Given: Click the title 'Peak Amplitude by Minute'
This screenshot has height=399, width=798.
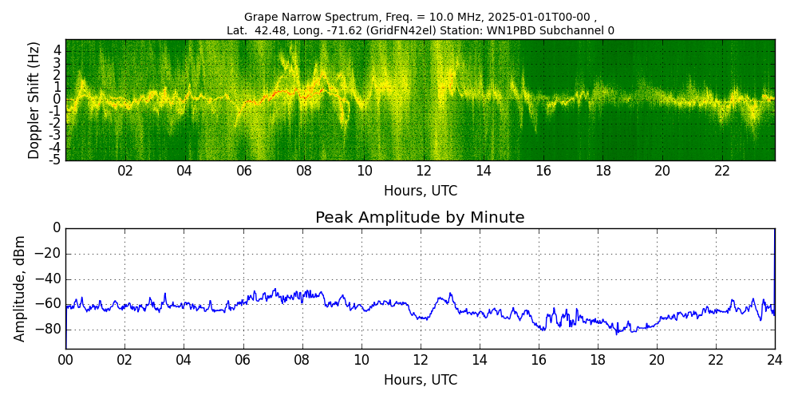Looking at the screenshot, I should point(420,218).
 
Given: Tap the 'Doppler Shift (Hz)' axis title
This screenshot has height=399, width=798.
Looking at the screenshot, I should point(34,100).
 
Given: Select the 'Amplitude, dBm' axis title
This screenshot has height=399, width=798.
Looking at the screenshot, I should point(21,288).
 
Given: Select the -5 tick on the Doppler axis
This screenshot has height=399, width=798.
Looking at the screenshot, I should point(57,160).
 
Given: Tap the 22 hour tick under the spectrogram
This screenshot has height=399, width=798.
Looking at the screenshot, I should point(722,171).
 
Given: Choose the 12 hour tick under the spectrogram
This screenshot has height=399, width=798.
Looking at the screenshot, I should point(424,171).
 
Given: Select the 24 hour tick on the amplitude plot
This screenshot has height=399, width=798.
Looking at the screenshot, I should point(775,359).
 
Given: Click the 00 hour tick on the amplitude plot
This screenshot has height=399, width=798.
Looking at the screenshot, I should point(65,359).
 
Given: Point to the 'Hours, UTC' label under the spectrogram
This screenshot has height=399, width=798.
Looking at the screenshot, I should point(421,192).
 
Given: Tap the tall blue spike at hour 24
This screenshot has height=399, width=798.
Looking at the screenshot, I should point(774,263).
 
